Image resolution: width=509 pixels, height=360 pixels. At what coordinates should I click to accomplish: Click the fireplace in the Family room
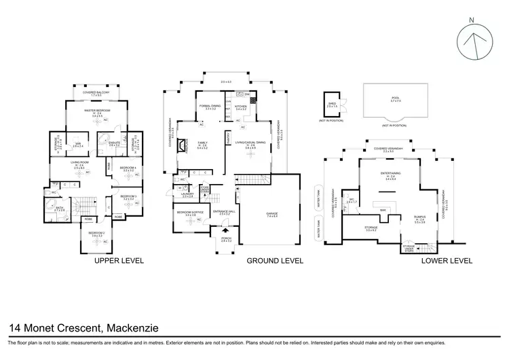point(182,154)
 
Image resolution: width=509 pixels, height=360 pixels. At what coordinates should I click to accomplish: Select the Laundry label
point(188,194)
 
